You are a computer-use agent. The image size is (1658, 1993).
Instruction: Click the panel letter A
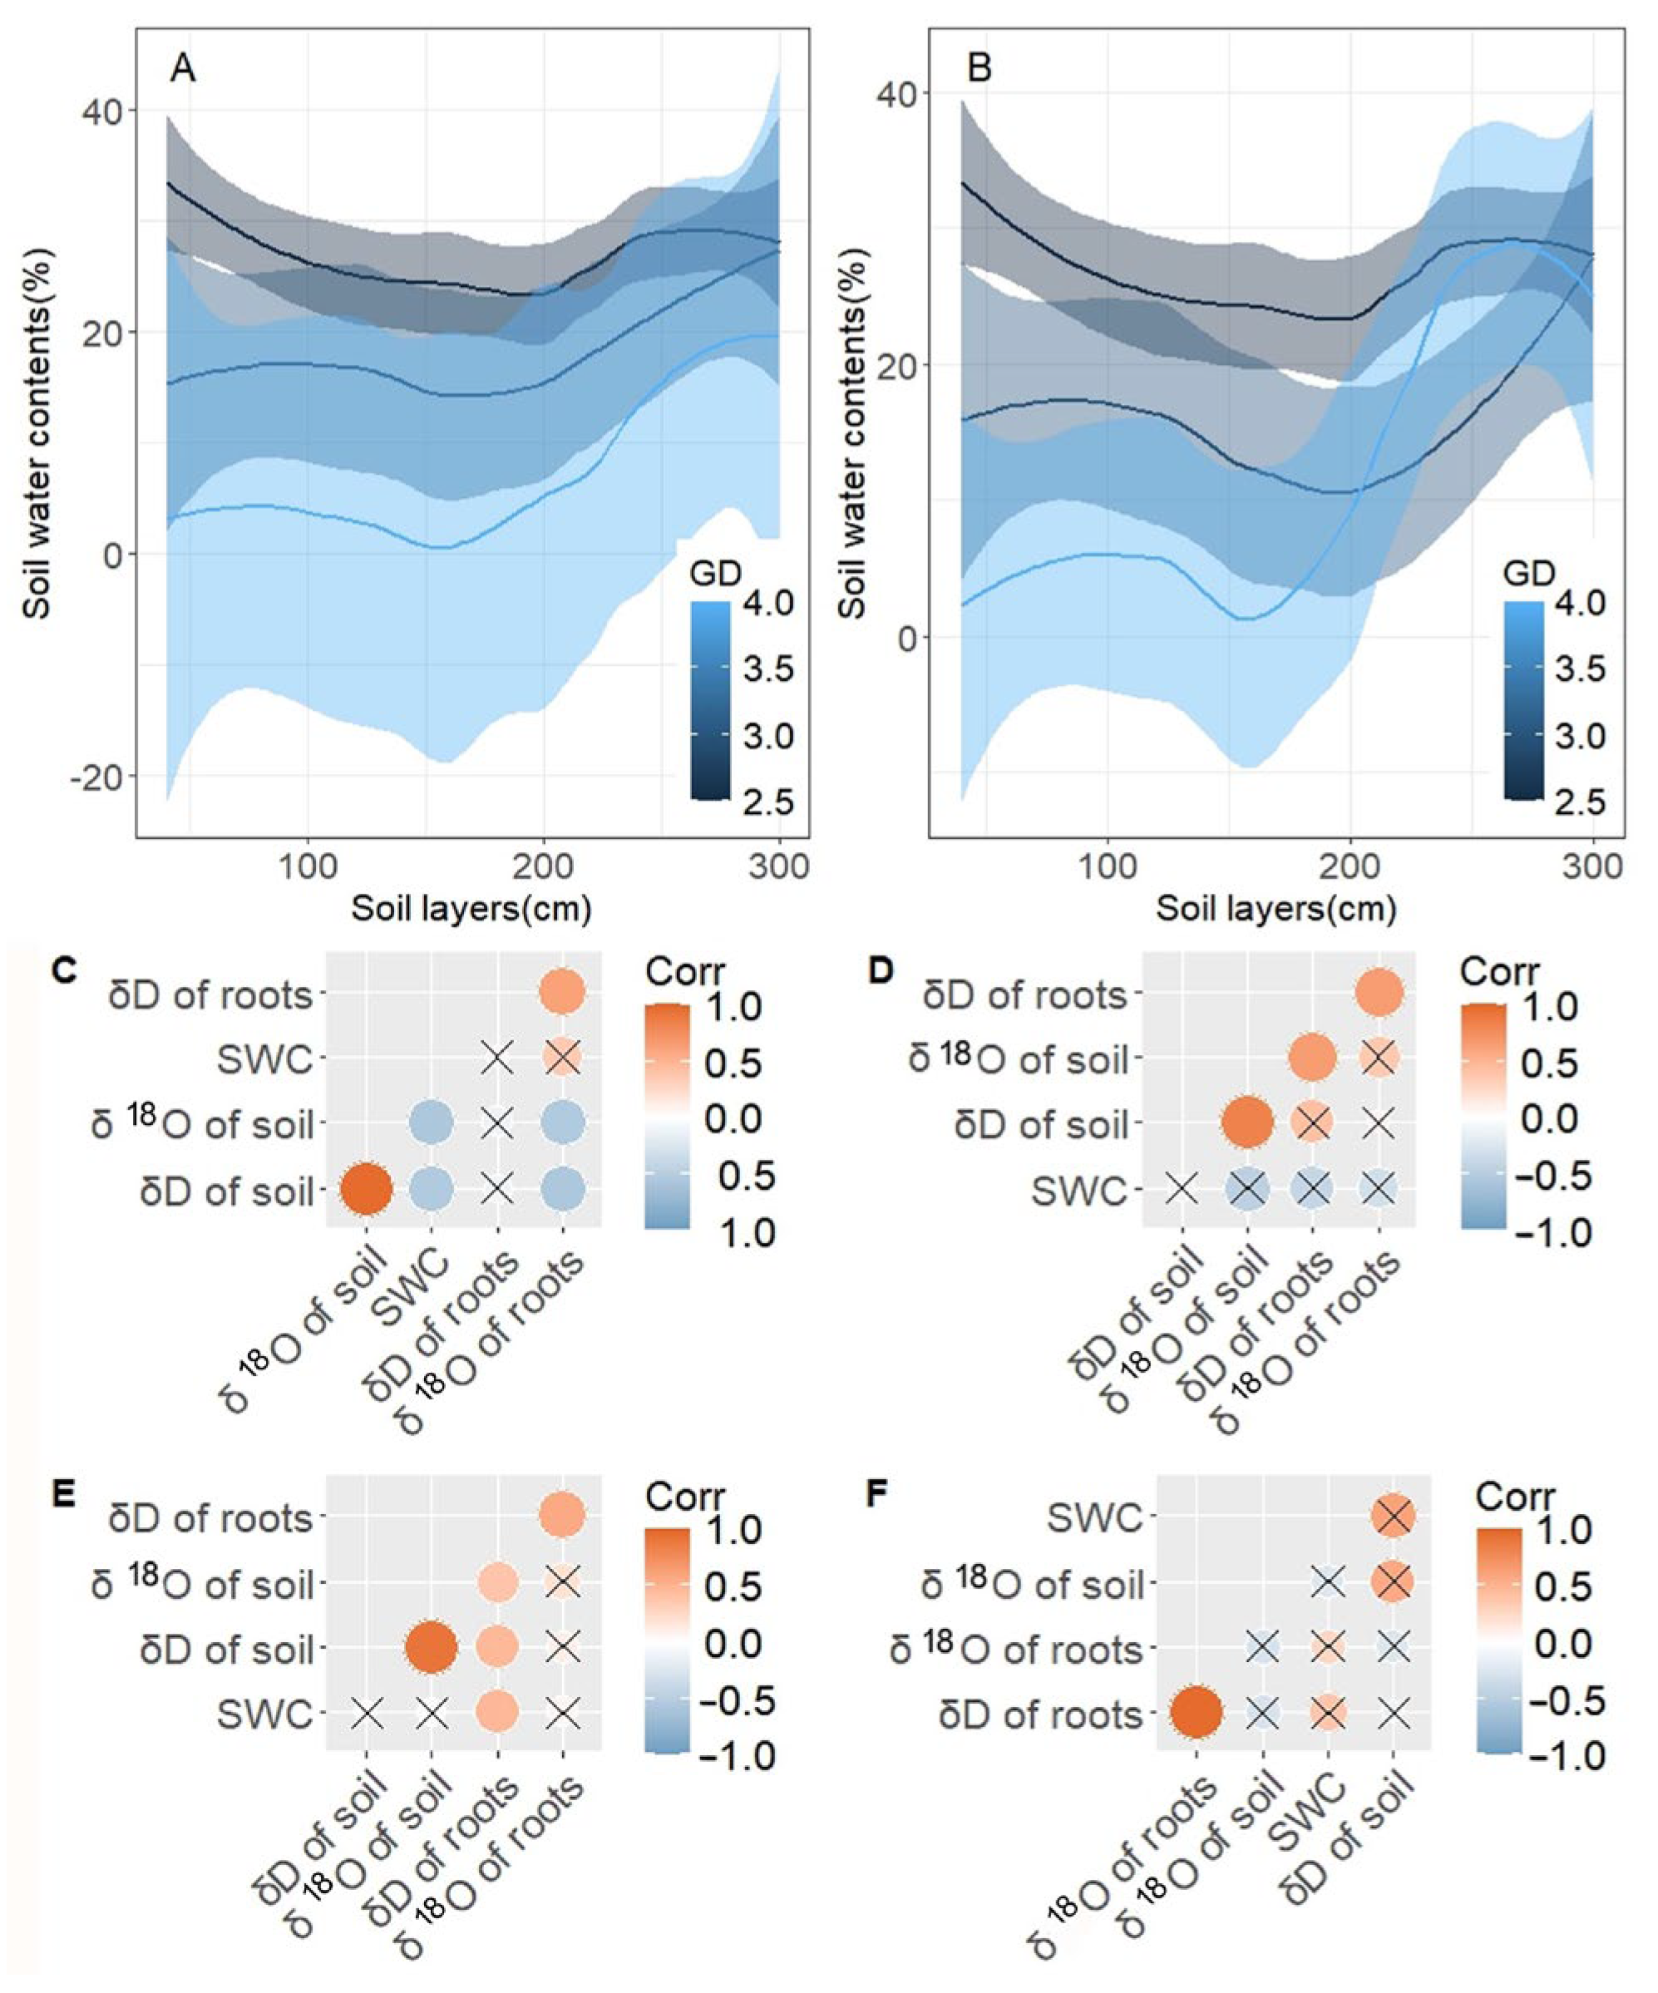coord(183,70)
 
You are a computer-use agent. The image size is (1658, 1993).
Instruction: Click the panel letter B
coord(979,69)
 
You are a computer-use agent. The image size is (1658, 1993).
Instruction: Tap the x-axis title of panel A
coord(471,909)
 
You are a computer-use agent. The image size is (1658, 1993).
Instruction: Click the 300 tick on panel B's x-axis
coord(1591,867)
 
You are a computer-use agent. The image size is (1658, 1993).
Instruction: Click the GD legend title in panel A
coord(717,572)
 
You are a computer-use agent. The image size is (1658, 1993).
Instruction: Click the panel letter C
coord(63,974)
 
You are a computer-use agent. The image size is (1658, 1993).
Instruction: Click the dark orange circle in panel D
coord(1247,1122)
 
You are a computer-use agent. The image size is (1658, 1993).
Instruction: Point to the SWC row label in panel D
coord(1080,1189)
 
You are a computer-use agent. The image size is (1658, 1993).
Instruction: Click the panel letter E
coord(63,1496)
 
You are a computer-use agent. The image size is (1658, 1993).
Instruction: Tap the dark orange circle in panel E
coord(432,1649)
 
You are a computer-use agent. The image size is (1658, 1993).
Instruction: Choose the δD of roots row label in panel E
coord(212,1518)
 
